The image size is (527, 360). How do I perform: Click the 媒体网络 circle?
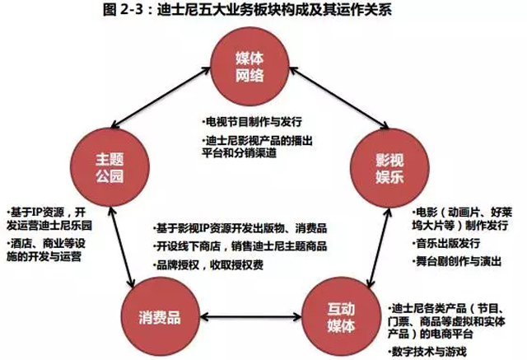pyautogui.click(x=250, y=67)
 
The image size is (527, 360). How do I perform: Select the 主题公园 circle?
pyautogui.click(x=110, y=167)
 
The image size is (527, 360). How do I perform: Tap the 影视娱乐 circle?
pyautogui.click(x=389, y=168)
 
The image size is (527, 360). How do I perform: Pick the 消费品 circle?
pyautogui.click(x=160, y=316)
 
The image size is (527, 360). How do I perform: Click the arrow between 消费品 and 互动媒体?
pyautogui.click(x=250, y=316)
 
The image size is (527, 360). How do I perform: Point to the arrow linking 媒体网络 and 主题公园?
pyautogui.click(x=161, y=97)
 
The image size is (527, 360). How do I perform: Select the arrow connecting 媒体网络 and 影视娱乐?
pyautogui.click(x=339, y=98)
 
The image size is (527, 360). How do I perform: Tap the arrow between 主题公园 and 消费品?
pyautogui.click(x=123, y=247)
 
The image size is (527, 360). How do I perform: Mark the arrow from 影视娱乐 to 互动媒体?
pyautogui.click(x=379, y=248)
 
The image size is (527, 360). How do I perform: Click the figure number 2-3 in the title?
pyautogui.click(x=129, y=9)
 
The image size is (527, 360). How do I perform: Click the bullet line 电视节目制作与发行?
pyautogui.click(x=252, y=122)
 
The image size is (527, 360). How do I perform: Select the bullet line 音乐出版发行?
pyautogui.click(x=446, y=243)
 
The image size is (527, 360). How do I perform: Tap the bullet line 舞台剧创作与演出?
pyautogui.click(x=457, y=261)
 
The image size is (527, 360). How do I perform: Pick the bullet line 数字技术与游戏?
pyautogui.click(x=427, y=352)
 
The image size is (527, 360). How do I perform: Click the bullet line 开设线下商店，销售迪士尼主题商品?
pyautogui.click(x=240, y=246)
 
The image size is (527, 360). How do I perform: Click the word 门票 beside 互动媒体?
pyautogui.click(x=399, y=321)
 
